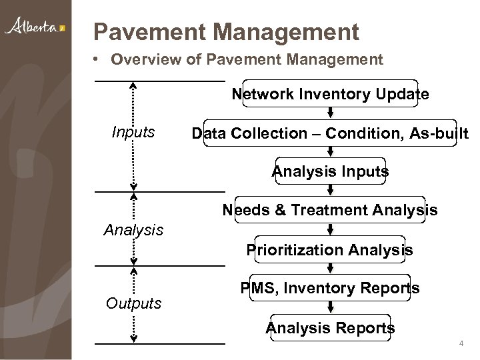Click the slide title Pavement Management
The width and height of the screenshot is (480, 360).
(x=226, y=31)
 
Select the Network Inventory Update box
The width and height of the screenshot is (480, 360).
(x=330, y=95)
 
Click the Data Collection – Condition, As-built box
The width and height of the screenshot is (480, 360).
(x=330, y=133)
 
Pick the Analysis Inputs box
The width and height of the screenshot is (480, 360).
(x=330, y=172)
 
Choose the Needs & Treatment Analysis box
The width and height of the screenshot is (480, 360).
(x=330, y=211)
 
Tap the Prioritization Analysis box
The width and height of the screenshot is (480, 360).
(x=330, y=250)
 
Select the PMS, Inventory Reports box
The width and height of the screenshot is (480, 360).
(x=330, y=289)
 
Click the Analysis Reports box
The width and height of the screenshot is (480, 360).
(x=330, y=327)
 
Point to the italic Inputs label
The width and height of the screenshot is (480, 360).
(x=133, y=133)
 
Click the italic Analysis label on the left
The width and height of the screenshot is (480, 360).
(x=133, y=231)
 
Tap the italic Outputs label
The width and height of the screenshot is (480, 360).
(x=133, y=304)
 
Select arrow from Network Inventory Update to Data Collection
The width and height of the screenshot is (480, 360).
(x=330, y=114)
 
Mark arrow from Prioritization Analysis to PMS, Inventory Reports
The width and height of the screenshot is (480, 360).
(x=330, y=269)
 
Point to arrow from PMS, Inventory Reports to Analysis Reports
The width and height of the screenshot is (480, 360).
(x=330, y=308)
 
